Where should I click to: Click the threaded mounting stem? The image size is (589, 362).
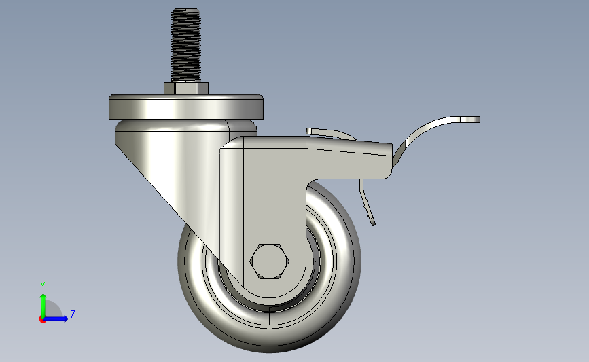click(186, 45)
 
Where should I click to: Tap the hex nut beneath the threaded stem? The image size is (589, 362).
click(186, 88)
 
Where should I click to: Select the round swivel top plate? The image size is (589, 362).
click(186, 107)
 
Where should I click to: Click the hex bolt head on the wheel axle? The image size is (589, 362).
click(269, 261)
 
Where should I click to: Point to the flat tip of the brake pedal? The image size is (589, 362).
click(470, 120)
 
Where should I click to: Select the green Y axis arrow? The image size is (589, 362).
click(43, 306)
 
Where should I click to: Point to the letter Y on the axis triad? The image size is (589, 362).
click(43, 286)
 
